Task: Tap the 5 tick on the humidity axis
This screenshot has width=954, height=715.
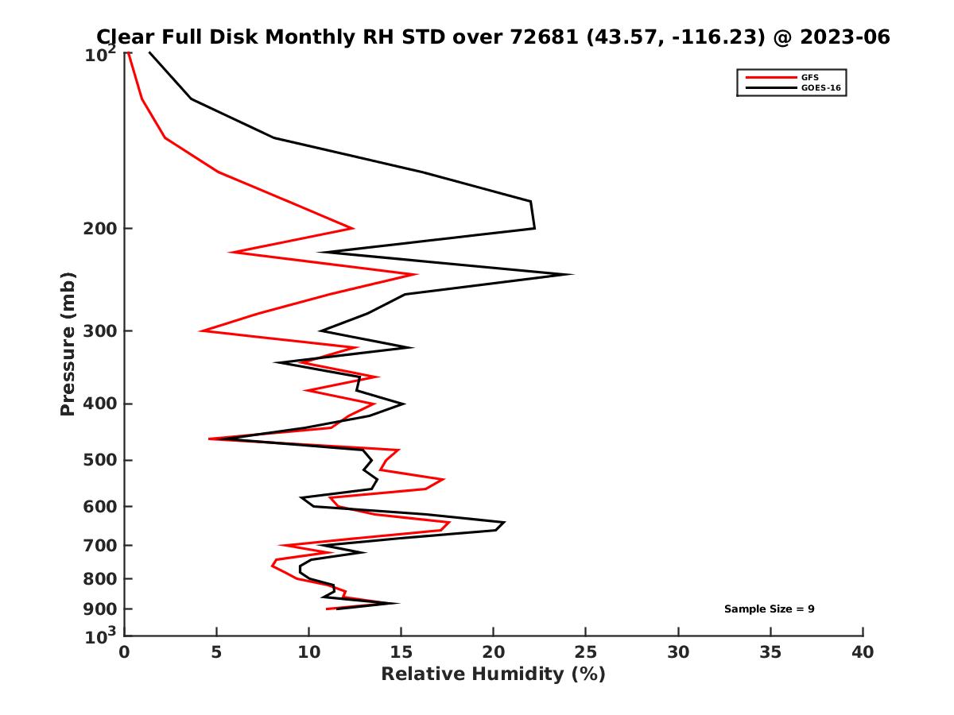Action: (x=216, y=652)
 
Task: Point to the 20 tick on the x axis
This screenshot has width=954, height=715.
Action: (x=494, y=652)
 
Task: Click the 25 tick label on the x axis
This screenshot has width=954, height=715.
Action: (x=586, y=652)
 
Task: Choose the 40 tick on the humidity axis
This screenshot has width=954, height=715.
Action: (x=863, y=652)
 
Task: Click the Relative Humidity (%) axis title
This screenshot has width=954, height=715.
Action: (x=493, y=674)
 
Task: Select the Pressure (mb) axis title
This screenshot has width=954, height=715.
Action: (x=68, y=343)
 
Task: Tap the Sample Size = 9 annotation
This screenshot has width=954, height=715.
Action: (x=769, y=609)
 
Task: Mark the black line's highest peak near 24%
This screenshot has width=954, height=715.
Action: (x=572, y=274)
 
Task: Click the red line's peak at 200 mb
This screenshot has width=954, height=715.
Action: (x=352, y=229)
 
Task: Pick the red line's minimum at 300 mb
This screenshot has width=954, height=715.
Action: (x=201, y=330)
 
